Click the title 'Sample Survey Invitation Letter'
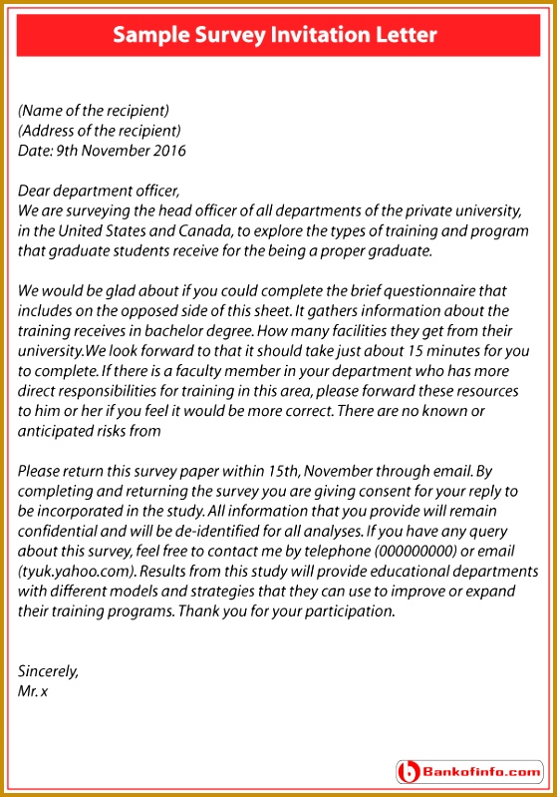275,36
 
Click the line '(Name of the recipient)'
94,111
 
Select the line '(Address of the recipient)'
100,131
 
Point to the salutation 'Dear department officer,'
100,191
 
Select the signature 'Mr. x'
33,690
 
